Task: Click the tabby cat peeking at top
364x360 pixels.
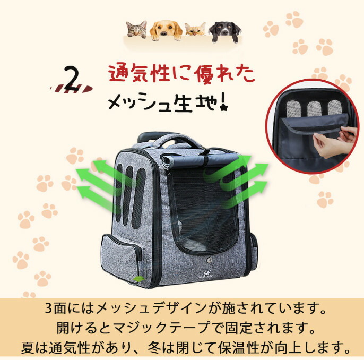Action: (136, 29)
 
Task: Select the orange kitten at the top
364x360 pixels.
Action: (195, 29)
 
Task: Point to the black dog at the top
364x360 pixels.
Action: (225, 31)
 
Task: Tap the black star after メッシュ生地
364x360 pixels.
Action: (224, 107)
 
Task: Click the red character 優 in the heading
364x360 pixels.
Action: (205, 74)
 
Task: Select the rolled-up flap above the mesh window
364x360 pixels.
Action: (200, 160)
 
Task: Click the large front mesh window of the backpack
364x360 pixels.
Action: (204, 209)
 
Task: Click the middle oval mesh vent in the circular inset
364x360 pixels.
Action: (314, 109)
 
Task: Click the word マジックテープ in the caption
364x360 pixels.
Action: (161, 328)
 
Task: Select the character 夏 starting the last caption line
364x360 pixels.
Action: (28, 347)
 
